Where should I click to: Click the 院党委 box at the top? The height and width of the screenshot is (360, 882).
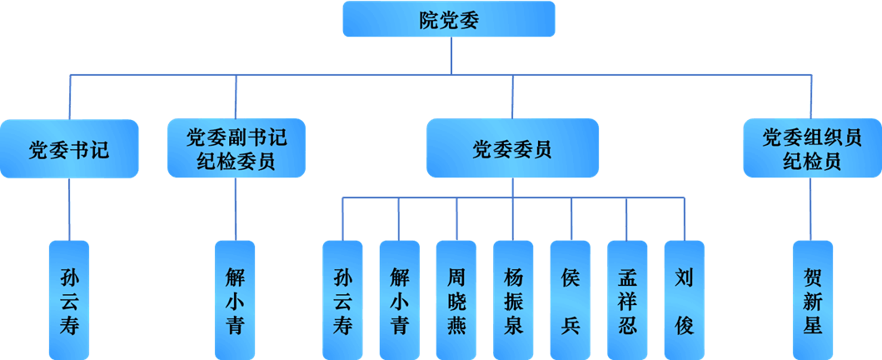pyautogui.click(x=449, y=19)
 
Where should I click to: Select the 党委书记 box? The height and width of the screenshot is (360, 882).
pyautogui.click(x=69, y=149)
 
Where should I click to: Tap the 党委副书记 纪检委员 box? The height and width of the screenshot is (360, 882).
pyautogui.click(x=237, y=148)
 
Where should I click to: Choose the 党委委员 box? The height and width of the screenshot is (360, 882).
pyautogui.click(x=512, y=148)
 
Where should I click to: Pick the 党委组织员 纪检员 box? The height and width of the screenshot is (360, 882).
pyautogui.click(x=811, y=148)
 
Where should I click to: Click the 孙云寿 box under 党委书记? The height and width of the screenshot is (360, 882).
pyautogui.click(x=69, y=300)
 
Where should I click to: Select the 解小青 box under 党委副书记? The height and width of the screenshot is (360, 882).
pyautogui.click(x=235, y=300)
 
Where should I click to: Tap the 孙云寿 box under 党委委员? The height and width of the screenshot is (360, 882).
pyautogui.click(x=342, y=300)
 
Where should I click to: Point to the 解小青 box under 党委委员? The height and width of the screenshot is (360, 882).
pyautogui.click(x=399, y=300)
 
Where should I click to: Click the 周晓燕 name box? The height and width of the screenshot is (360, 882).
pyautogui.click(x=456, y=300)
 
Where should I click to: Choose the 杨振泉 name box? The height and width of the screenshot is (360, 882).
pyautogui.click(x=513, y=300)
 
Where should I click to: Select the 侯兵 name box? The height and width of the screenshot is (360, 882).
pyautogui.click(x=571, y=300)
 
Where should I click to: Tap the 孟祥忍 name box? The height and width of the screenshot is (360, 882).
pyautogui.click(x=627, y=300)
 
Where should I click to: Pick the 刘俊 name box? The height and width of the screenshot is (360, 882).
pyautogui.click(x=684, y=300)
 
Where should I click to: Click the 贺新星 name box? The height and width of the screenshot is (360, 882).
pyautogui.click(x=812, y=300)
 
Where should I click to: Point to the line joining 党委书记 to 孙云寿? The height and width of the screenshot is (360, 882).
pyautogui.click(x=69, y=209)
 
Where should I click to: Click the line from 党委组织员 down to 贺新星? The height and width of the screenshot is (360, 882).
pyautogui.click(x=811, y=209)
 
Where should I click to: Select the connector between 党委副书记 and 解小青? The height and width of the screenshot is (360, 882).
pyautogui.click(x=236, y=209)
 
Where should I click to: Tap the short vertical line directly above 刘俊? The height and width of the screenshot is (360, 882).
pyautogui.click(x=685, y=219)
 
